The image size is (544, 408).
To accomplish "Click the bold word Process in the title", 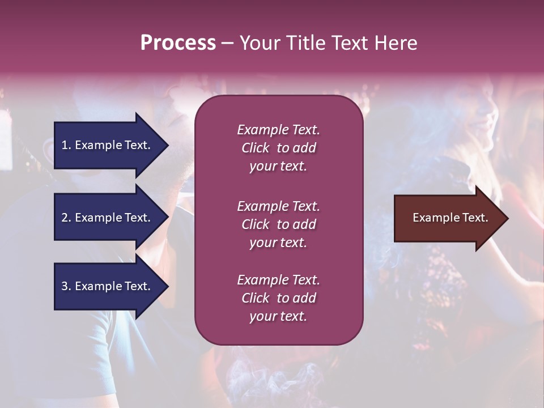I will point(178,43).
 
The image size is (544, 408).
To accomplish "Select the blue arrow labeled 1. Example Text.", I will point(108,145).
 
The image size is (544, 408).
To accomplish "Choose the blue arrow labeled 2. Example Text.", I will point(108,218).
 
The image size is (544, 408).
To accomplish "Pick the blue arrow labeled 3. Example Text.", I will point(108,286).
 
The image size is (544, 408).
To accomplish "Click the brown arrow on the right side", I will point(448,218).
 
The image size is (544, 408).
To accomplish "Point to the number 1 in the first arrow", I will point(65,145).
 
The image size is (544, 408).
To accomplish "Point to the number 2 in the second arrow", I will point(65,218).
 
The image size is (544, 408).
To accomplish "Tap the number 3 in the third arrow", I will point(65,286).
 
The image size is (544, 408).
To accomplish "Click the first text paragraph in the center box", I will point(278,148).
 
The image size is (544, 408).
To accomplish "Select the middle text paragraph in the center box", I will point(278,224).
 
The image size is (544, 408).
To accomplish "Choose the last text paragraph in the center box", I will point(278,298).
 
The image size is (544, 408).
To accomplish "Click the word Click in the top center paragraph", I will point(256,148).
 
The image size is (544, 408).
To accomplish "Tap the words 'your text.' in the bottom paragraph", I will point(278,316).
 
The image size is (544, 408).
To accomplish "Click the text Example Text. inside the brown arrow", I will point(450,218).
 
